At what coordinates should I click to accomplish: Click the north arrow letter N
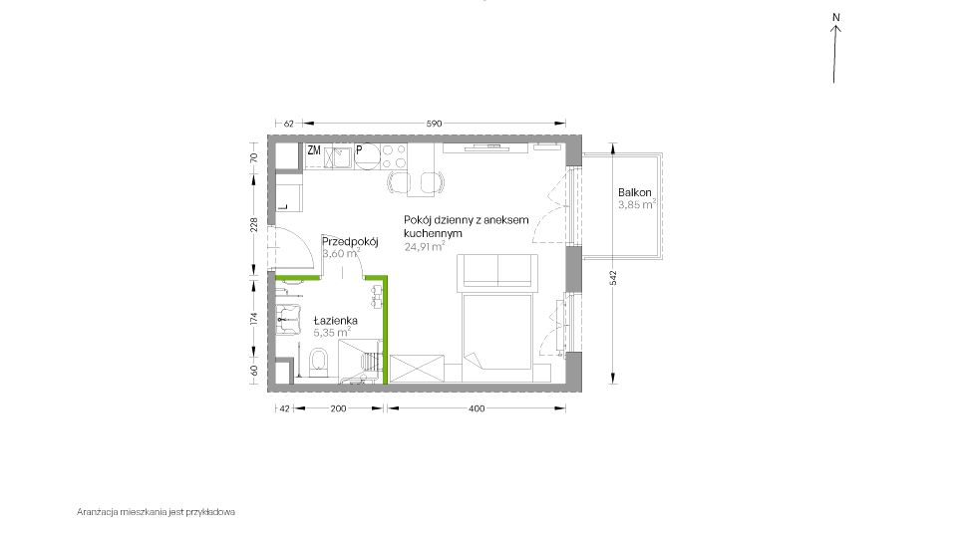[x=836, y=18]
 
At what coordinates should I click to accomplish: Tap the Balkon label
[x=635, y=192]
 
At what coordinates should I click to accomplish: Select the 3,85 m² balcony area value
[x=637, y=204]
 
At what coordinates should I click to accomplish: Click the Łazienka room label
[x=335, y=320]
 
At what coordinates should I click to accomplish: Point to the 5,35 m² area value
[x=332, y=333]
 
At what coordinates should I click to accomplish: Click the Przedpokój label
[x=350, y=241]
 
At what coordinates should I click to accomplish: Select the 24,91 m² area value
[x=425, y=246]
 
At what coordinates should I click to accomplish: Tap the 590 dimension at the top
[x=434, y=124]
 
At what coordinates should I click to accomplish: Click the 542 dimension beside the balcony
[x=613, y=278]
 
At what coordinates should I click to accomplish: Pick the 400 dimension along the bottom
[x=477, y=408]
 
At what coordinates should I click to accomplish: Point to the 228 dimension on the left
[x=254, y=224]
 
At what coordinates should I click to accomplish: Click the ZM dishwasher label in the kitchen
[x=314, y=150]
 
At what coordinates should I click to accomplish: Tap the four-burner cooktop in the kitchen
[x=394, y=156]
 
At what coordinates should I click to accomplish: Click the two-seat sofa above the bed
[x=497, y=271]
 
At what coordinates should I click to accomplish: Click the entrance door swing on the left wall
[x=293, y=247]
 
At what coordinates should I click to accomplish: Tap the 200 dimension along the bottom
[x=338, y=408]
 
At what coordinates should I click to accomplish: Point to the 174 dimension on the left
[x=254, y=318]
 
